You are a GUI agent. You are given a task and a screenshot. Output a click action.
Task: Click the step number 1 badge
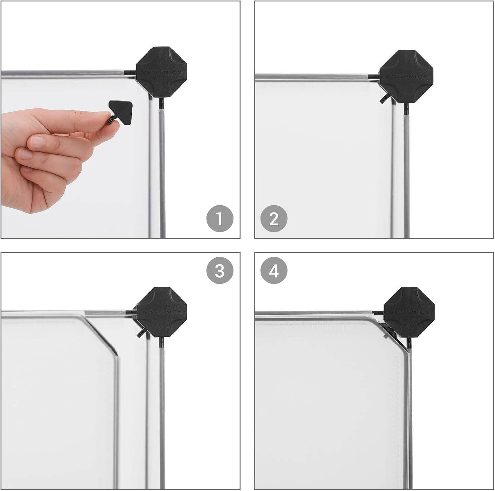pyautogui.click(x=220, y=218)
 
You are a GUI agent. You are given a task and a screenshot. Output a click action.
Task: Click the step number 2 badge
pyautogui.click(x=274, y=218)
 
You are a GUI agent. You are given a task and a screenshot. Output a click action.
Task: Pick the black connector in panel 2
pyautogui.click(x=406, y=77)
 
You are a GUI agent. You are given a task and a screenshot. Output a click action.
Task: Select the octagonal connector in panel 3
pyautogui.click(x=162, y=312)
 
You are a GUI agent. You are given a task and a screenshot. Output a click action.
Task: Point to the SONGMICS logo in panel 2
pyautogui.click(x=407, y=77)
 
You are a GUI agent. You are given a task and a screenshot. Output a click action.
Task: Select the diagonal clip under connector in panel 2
pyautogui.click(x=384, y=98)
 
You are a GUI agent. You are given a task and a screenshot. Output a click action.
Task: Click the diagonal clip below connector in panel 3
pyautogui.click(x=141, y=332)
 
